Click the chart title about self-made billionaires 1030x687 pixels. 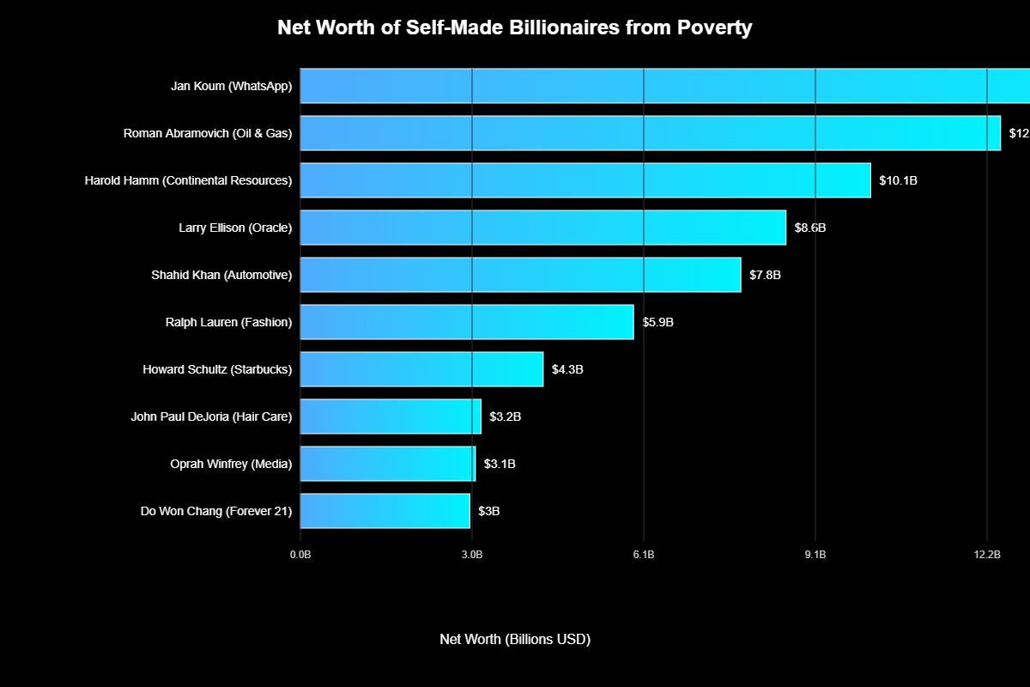tap(514, 27)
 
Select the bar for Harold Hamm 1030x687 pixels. tap(585, 180)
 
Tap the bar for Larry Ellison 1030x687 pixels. tap(542, 228)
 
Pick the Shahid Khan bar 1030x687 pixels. tap(520, 275)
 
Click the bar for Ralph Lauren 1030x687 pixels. tap(467, 322)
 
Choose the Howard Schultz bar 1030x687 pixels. tap(421, 369)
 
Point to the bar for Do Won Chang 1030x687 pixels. tap(385, 511)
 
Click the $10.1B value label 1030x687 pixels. tap(898, 180)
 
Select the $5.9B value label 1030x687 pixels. tap(658, 322)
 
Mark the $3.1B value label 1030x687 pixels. tap(500, 464)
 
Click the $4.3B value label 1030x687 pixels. tap(567, 369)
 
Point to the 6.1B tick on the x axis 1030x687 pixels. tap(644, 555)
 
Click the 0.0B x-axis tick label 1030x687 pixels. tap(300, 555)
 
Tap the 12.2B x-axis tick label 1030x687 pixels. tap(987, 555)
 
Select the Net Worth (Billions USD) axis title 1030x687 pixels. tap(515, 639)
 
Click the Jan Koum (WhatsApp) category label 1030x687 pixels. tap(232, 86)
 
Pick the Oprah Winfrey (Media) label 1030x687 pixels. tap(231, 464)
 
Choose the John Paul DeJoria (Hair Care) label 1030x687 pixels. tap(211, 416)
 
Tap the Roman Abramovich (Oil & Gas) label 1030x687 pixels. tap(208, 133)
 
